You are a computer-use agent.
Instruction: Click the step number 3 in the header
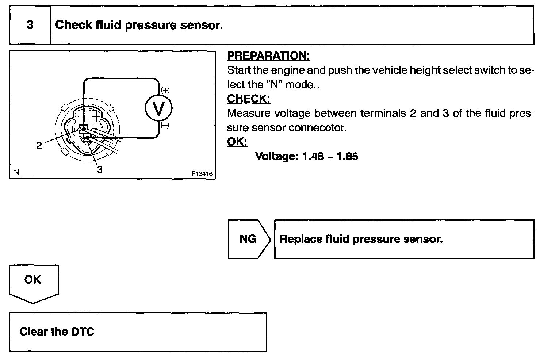(30, 25)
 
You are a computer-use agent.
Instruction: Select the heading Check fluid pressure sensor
(139, 25)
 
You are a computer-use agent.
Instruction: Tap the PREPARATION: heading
(268, 55)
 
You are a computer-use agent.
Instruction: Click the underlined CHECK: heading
(249, 99)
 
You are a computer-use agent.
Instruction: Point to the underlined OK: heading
(237, 142)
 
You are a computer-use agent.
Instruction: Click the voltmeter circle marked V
(158, 108)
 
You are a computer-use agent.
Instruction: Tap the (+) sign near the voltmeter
(165, 90)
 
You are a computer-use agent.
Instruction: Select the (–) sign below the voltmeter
(165, 125)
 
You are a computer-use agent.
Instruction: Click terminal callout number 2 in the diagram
(39, 145)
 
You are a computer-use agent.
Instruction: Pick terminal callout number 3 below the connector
(99, 169)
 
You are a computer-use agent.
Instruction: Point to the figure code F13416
(202, 174)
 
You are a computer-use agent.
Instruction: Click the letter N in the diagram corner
(17, 173)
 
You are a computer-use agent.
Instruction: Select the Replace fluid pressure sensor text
(361, 239)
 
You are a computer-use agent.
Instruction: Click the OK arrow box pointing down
(33, 280)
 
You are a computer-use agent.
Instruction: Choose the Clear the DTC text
(57, 332)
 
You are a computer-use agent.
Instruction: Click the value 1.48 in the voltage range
(313, 156)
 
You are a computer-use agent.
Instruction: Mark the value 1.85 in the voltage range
(347, 156)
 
